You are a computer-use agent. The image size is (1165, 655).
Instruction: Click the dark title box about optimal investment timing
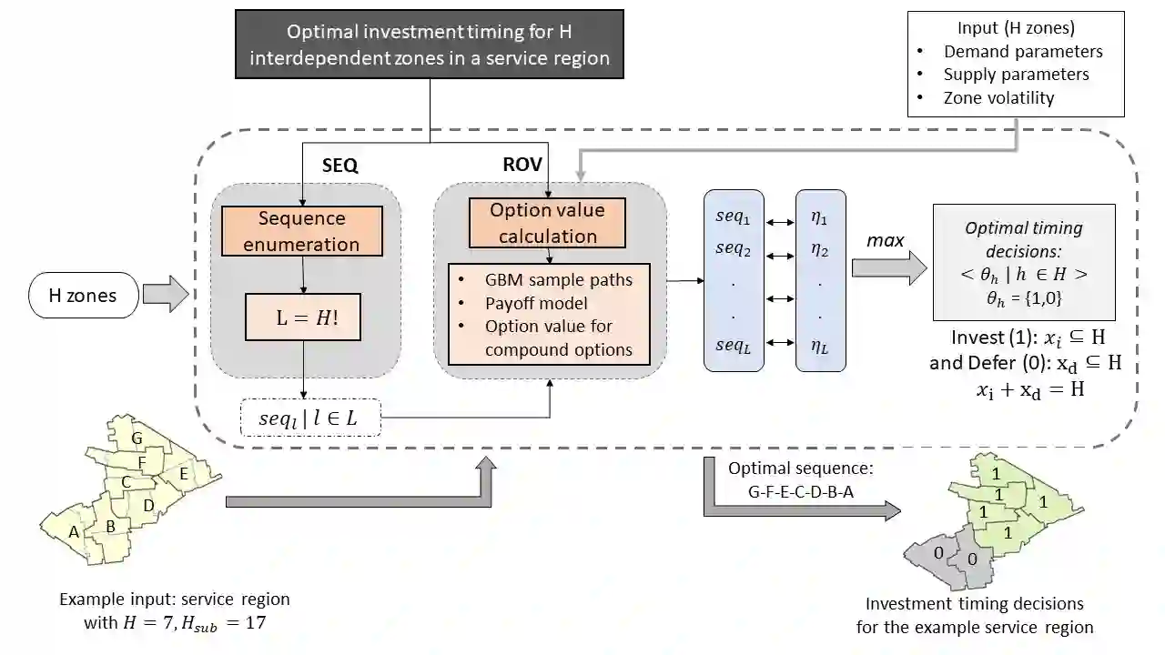(430, 45)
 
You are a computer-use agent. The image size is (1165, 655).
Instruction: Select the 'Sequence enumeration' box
(302, 231)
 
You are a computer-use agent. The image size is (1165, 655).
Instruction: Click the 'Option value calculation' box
(547, 223)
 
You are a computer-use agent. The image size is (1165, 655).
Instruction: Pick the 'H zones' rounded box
(83, 295)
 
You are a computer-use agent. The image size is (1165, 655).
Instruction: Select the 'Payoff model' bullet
(536, 303)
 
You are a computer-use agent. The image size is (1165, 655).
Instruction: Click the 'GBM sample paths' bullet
(558, 279)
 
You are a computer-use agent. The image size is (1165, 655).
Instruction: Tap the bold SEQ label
(340, 166)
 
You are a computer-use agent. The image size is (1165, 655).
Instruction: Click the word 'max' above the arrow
(885, 240)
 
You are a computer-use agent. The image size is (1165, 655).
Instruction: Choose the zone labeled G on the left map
(137, 439)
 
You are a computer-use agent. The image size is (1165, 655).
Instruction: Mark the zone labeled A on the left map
(74, 532)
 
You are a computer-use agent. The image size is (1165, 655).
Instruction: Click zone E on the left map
(183, 473)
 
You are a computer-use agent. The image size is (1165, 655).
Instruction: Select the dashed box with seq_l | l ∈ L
(309, 419)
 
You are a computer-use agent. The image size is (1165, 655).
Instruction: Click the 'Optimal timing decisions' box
(1024, 261)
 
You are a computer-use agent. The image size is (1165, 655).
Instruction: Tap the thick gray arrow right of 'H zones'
(164, 295)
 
